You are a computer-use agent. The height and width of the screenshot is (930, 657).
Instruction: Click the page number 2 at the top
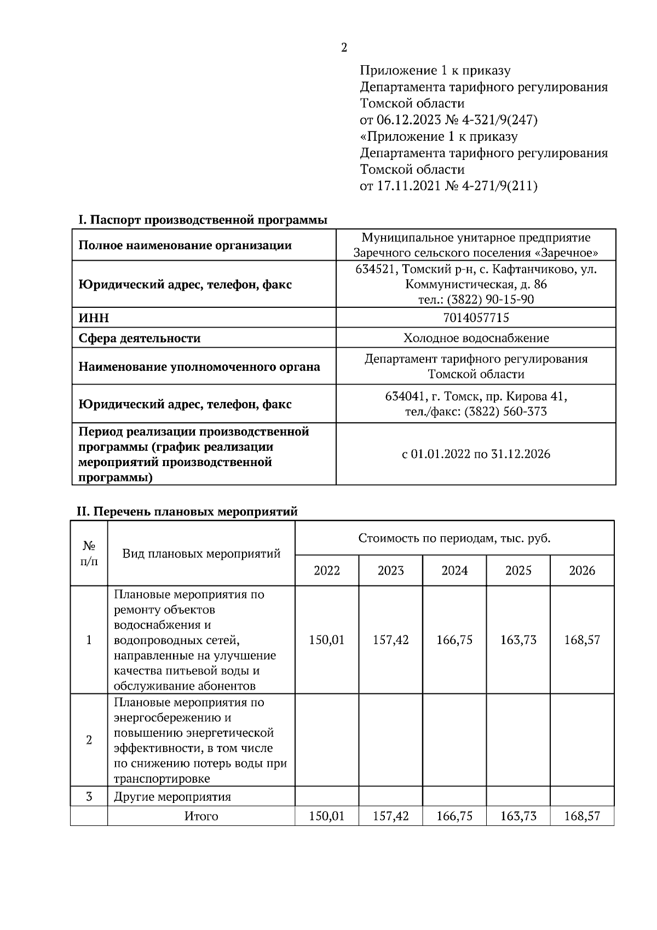[x=344, y=48]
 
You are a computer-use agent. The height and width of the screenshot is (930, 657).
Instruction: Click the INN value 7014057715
[x=476, y=318]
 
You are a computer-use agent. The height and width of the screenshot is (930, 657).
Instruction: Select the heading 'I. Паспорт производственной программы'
[x=203, y=220]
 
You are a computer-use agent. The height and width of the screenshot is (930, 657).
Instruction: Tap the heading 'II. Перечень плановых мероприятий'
[x=187, y=512]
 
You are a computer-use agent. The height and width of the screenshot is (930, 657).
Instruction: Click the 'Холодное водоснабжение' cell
[x=476, y=338]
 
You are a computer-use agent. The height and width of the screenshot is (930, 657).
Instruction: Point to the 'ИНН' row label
[x=94, y=318]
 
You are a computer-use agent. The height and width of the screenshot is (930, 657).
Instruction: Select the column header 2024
[x=454, y=571]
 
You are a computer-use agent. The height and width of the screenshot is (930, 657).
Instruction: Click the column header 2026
[x=582, y=571]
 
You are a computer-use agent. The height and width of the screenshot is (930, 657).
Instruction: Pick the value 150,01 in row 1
[x=327, y=640]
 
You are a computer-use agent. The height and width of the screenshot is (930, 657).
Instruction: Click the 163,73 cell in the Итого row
[x=518, y=816]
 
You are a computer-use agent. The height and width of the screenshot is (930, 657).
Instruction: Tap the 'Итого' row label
[x=201, y=816]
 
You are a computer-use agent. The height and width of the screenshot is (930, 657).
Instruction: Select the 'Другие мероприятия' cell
[x=172, y=796]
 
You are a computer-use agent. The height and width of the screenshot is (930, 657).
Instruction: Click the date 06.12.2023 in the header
[x=408, y=120]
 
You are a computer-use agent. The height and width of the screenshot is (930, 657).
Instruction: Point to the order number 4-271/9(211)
[x=500, y=186]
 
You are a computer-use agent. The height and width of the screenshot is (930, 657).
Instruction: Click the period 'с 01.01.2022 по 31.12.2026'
[x=476, y=454]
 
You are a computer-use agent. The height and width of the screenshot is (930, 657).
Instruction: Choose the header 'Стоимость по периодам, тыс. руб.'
[x=454, y=538]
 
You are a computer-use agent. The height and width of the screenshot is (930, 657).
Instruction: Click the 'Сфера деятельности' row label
[x=140, y=338]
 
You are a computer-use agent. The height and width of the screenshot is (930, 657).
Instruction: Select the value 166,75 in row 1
[x=454, y=640]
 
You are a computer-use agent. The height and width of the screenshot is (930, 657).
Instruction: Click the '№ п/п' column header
[x=89, y=554]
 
